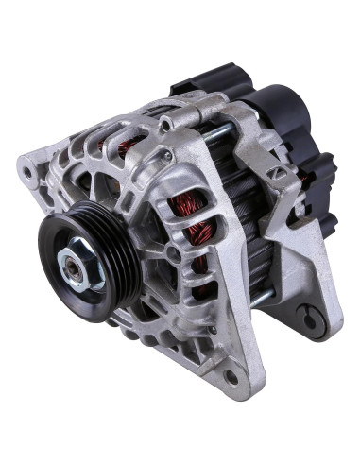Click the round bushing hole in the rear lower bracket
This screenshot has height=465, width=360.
tap(306, 318)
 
